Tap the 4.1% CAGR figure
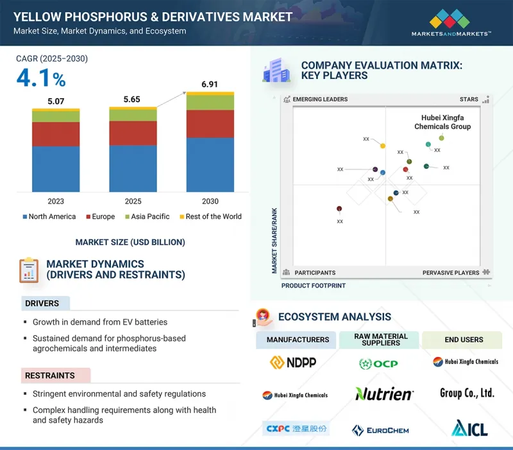pos(41,79)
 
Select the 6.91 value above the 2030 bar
pos(210,85)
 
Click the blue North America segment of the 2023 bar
pos(56,169)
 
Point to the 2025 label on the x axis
pos(133,201)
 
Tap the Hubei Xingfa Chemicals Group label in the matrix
pos(442,122)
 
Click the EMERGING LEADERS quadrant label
pos(320,100)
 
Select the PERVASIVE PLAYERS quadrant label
pos(451,273)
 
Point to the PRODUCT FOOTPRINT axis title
pos(314,286)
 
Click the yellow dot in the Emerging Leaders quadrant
pos(383,146)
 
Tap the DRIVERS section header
pos(42,303)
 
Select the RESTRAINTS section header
pos(50,376)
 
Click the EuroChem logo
pos(380,430)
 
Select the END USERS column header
pos(464,340)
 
